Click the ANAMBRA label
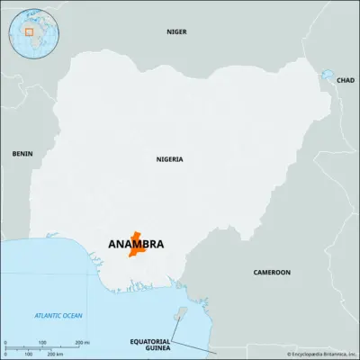click(135, 244)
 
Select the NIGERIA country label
click(169, 159)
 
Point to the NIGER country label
click(177, 31)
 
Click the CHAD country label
click(345, 80)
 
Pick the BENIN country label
click(22, 154)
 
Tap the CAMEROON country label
click(271, 272)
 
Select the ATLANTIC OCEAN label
click(58, 315)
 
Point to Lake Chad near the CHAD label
click(327, 76)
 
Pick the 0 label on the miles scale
click(5, 342)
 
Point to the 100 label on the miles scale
click(42, 342)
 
